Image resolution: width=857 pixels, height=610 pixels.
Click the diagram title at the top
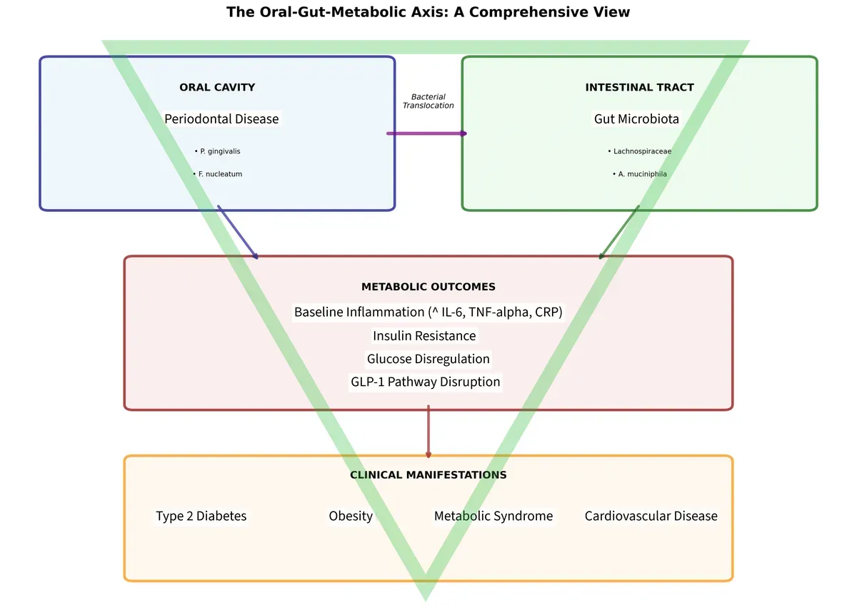(x=428, y=12)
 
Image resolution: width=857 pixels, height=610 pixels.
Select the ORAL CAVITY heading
(x=217, y=87)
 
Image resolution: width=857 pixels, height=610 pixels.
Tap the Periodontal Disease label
(x=221, y=119)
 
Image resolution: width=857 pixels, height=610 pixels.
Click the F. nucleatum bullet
(x=218, y=174)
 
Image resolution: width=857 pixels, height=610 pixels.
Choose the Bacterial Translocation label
(x=428, y=101)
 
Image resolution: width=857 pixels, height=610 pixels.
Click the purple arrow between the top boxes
(x=427, y=133)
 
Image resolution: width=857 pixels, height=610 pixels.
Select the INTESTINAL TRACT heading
(x=639, y=87)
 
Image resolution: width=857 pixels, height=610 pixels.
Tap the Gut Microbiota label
(x=636, y=119)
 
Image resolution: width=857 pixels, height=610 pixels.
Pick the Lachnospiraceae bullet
(x=640, y=151)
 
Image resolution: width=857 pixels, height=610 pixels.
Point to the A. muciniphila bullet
(x=640, y=174)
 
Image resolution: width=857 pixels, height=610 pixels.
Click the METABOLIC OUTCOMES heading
(x=428, y=287)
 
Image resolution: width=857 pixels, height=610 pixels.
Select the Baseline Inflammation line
(x=428, y=312)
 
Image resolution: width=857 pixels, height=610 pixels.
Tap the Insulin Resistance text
(x=424, y=336)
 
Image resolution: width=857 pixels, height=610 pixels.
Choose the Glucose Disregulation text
(x=428, y=359)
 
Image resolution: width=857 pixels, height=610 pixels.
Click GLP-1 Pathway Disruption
(x=426, y=382)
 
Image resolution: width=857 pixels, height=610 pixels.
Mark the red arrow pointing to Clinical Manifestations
(x=428, y=432)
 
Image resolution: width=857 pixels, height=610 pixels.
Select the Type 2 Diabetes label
(x=201, y=516)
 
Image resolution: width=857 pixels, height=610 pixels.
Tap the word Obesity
(x=351, y=516)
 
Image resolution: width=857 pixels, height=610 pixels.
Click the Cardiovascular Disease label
(x=651, y=516)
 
